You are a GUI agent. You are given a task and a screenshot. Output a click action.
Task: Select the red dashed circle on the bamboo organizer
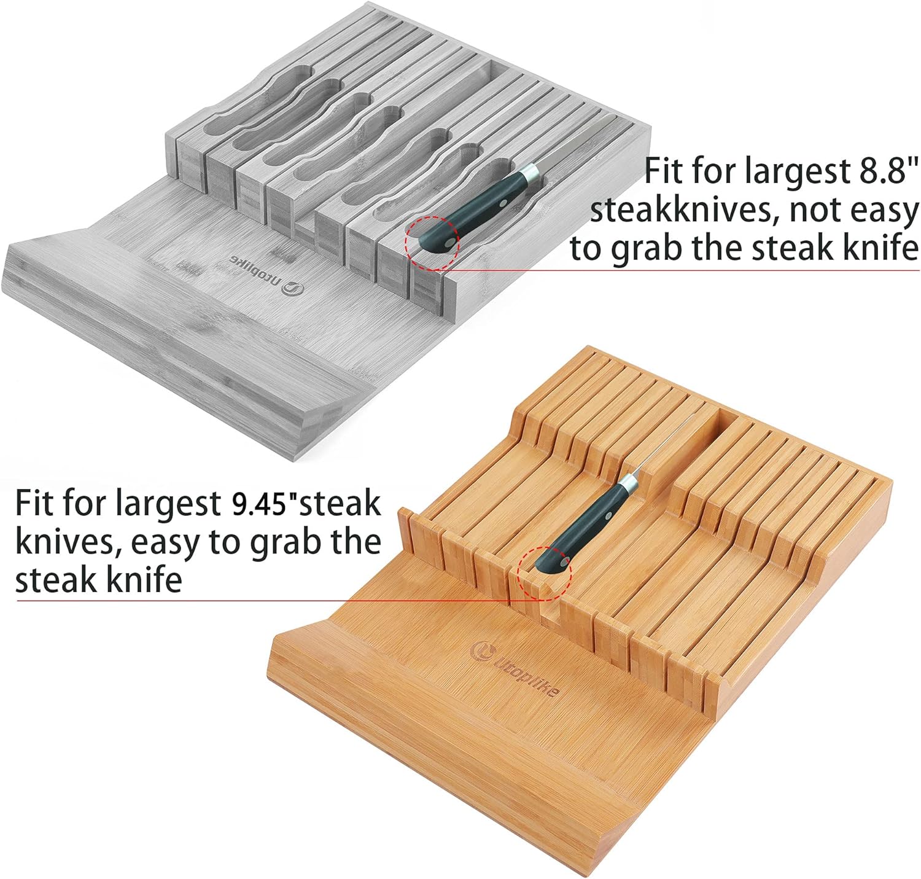pyautogui.click(x=545, y=574)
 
